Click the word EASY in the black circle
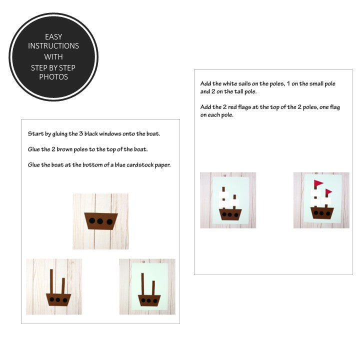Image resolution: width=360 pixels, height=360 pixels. click(53, 36)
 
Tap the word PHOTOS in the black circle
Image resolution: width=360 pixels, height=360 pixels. click(53, 76)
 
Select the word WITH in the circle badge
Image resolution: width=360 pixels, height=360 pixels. click(53, 56)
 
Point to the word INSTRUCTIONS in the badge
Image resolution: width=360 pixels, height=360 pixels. click(53, 45)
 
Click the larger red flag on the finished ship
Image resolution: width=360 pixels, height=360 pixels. click(318, 183)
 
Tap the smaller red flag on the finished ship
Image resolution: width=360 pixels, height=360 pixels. click(328, 191)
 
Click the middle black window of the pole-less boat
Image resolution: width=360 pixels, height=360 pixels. click(100, 221)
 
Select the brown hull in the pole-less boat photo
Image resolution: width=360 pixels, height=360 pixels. click(101, 221)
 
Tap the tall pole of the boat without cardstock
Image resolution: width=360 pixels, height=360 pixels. click(51, 281)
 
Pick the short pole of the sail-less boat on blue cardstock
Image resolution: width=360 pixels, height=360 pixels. click(153, 288)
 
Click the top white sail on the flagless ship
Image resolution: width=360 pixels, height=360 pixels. click(223, 195)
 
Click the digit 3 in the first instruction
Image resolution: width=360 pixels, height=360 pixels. click(81, 133)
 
